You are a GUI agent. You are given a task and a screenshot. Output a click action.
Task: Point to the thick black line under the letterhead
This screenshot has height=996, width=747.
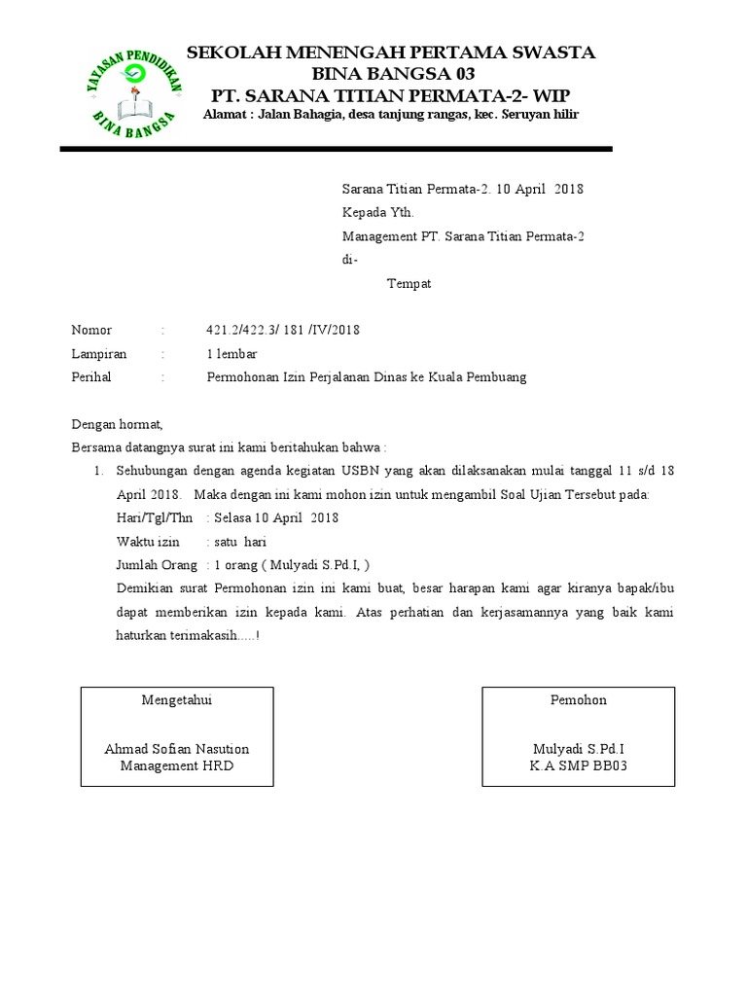coord(336,149)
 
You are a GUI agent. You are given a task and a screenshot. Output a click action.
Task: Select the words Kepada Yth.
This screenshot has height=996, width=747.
coord(378,212)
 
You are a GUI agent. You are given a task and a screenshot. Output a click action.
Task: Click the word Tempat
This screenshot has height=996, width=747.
coord(409,284)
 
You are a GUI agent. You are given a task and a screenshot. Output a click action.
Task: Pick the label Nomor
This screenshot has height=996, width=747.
coord(91,330)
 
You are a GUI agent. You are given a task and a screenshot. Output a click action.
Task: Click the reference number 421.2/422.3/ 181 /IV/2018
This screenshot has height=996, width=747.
coord(283,330)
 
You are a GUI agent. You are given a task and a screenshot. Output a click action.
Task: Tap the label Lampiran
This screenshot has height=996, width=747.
coord(99,353)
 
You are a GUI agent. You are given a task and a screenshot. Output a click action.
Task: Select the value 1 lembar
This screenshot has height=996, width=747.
coord(231,353)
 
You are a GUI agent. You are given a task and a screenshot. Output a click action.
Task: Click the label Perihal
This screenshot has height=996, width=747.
coord(91,376)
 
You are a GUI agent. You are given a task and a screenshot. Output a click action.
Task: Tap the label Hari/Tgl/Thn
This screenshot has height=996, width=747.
coord(155,517)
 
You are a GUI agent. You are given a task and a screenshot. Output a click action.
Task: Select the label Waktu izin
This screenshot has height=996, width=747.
coord(148,541)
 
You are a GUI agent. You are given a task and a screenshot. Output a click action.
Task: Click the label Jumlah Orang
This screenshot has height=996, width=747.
coord(157,564)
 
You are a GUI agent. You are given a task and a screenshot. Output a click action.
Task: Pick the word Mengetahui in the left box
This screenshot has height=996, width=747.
coord(176,700)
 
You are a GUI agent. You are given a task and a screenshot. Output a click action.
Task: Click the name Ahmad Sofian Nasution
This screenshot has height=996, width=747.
coord(176,749)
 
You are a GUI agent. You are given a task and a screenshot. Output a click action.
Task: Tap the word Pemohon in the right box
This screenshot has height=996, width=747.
coord(579,700)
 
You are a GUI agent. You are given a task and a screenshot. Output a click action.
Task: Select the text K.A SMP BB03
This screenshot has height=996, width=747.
coord(579,765)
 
